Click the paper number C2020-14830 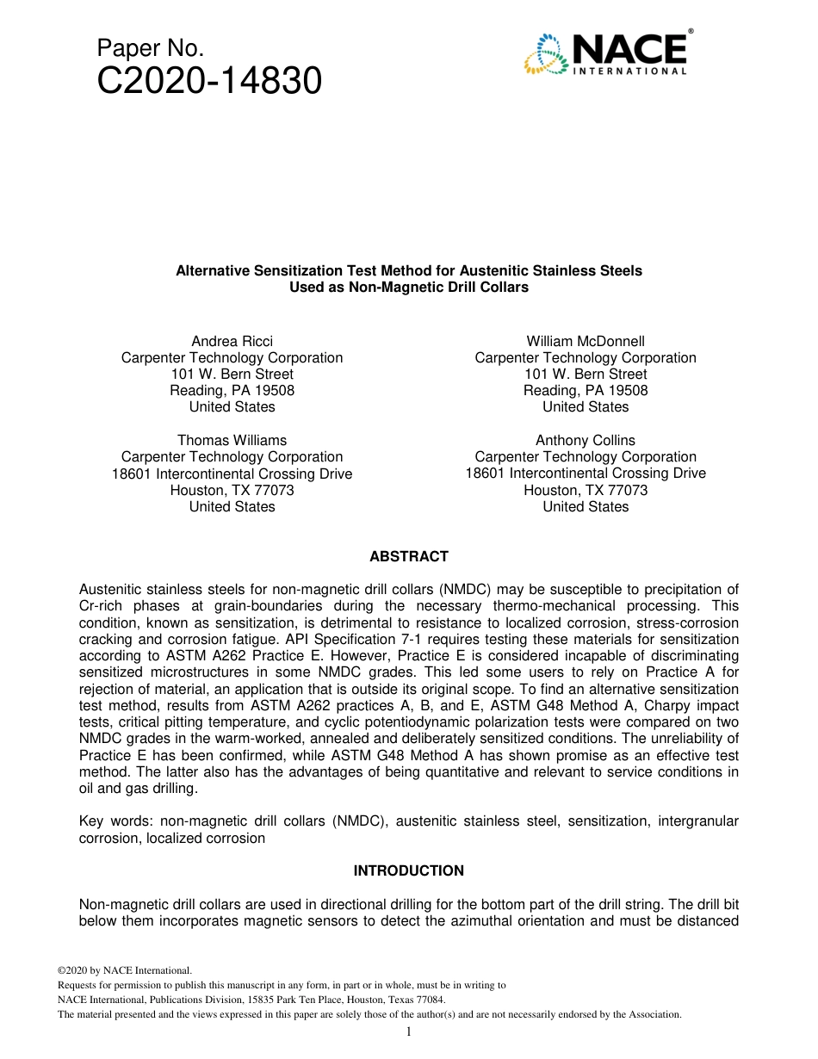point(209,82)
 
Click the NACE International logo point(607,53)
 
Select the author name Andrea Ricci point(232,341)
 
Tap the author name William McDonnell point(586,341)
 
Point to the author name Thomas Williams point(232,440)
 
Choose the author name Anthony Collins point(586,440)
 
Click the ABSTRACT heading point(409,556)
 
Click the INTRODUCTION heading point(409,870)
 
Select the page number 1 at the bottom point(409,1031)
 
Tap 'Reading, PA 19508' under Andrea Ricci point(232,390)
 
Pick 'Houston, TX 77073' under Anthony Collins point(586,490)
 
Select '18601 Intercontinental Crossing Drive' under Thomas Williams point(232,474)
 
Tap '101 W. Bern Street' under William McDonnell point(586,374)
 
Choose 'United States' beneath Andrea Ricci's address point(232,406)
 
